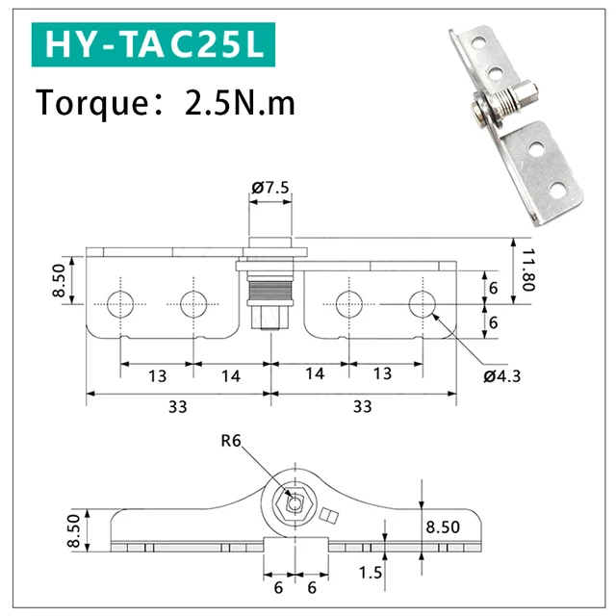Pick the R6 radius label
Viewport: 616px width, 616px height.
click(231, 442)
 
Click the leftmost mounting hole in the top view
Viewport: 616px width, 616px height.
click(120, 304)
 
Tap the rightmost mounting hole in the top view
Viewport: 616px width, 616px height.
click(422, 304)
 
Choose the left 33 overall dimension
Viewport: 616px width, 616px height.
click(177, 407)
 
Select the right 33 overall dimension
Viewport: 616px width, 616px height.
click(362, 407)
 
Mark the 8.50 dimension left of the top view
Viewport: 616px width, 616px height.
click(61, 281)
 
